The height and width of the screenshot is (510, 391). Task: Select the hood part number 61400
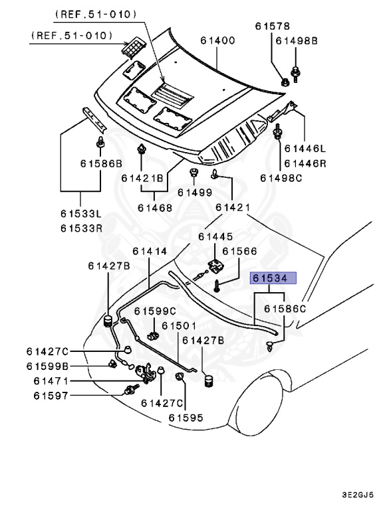pyautogui.click(x=217, y=41)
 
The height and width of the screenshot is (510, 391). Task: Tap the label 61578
pyautogui.click(x=273, y=26)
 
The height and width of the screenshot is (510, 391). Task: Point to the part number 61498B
pyautogui.click(x=296, y=41)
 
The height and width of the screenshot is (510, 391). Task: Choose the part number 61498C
pyautogui.click(x=281, y=178)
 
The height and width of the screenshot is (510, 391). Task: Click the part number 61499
pyautogui.click(x=194, y=193)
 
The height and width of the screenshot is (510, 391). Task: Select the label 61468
pyautogui.click(x=154, y=208)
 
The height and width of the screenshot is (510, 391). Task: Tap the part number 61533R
pyautogui.click(x=82, y=228)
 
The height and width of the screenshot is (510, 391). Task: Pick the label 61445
pyautogui.click(x=215, y=236)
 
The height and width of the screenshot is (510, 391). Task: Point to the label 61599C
pyautogui.click(x=155, y=311)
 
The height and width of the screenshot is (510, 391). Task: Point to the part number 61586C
pyautogui.click(x=285, y=309)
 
